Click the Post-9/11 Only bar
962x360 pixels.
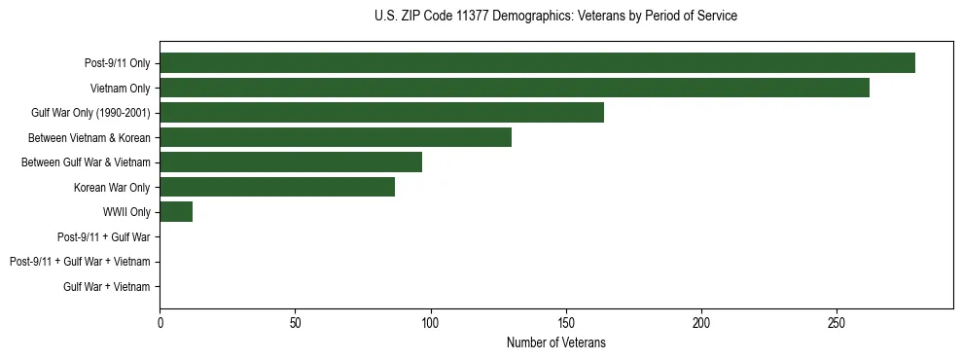tap(537, 62)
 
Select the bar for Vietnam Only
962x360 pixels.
tap(515, 88)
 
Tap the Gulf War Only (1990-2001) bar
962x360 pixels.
tap(381, 112)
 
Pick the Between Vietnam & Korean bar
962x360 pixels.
tap(336, 137)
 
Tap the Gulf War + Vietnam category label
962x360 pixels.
tap(107, 286)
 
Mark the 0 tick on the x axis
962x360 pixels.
tap(160, 321)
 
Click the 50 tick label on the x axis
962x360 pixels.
tap(295, 321)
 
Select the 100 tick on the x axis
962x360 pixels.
tap(430, 321)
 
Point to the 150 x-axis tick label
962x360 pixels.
tap(565, 321)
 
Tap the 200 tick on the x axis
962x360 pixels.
tap(700, 321)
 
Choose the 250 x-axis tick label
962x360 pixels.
tap(836, 321)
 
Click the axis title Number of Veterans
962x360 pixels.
tap(555, 342)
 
